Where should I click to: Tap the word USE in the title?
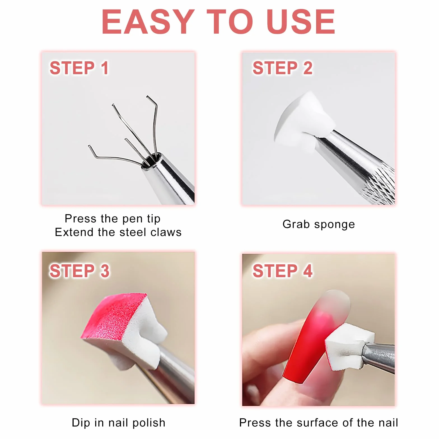coord(301,22)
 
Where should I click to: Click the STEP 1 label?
coord(79,68)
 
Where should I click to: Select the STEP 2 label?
coord(282,68)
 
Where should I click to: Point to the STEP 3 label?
coord(80,271)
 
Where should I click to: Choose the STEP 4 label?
coord(282,271)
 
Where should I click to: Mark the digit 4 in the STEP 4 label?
coord(308,271)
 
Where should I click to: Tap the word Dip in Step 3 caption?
coord(81,423)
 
